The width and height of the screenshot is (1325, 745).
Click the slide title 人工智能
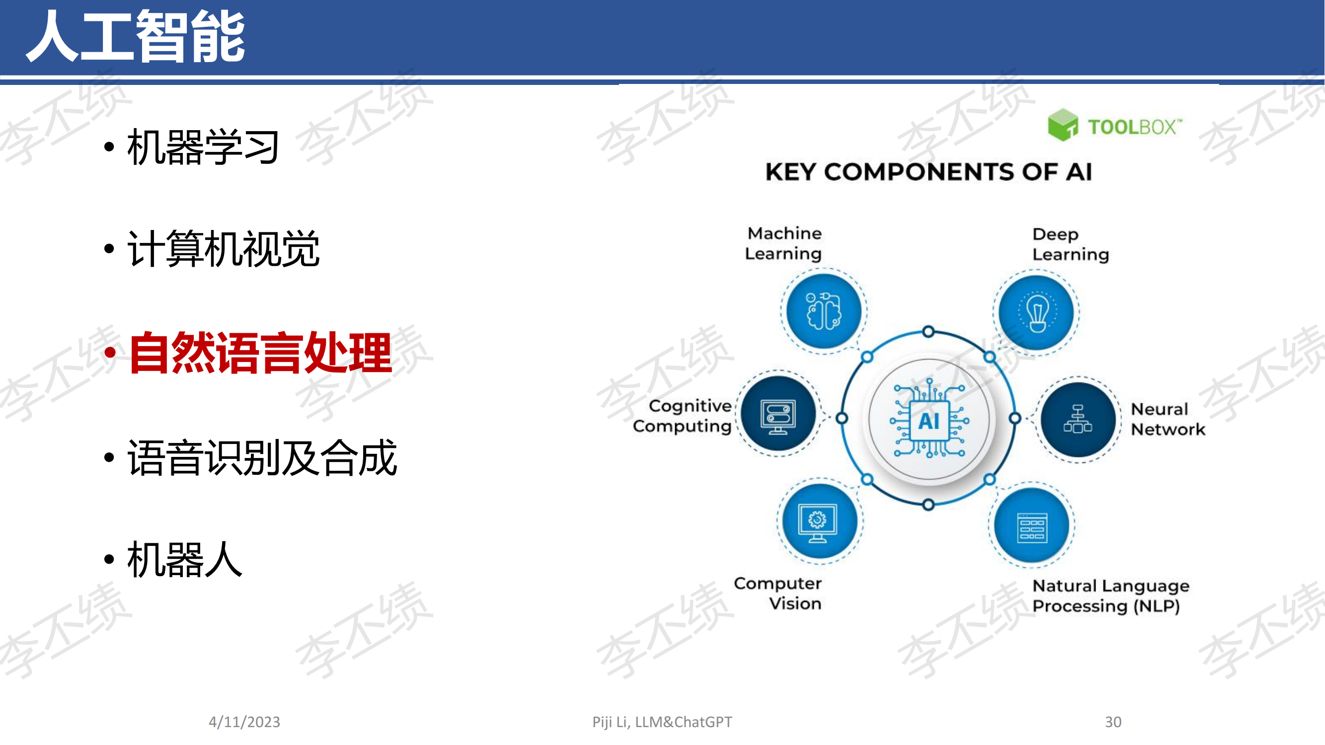coord(136,36)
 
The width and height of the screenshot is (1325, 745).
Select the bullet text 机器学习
coord(203,147)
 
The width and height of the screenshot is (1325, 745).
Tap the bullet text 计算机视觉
coord(223,249)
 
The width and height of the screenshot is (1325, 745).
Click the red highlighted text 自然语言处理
coord(260,353)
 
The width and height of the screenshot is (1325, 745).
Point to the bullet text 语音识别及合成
coord(262,457)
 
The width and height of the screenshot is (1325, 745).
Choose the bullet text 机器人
coord(184,559)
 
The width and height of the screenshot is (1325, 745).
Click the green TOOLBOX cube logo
coord(1063,125)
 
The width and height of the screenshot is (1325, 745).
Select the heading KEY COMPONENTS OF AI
coord(929,172)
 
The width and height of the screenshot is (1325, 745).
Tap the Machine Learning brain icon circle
coord(824,311)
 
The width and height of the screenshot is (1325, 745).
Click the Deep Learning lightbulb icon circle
coord(1036,312)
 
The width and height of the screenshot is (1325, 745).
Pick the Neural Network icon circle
coord(1078,420)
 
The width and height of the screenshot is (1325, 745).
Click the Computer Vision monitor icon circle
coord(820,521)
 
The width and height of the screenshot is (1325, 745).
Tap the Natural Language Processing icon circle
coord(1032,525)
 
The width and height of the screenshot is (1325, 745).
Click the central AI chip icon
coord(929,419)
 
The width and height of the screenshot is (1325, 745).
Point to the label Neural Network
coord(1168,419)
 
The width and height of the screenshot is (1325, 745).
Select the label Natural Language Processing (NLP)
coord(1110,596)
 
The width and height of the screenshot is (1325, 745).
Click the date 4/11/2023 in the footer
coord(244,722)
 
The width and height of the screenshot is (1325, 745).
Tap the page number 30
coord(1112,722)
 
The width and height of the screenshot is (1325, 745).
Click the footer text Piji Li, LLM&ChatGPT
coord(662,722)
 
